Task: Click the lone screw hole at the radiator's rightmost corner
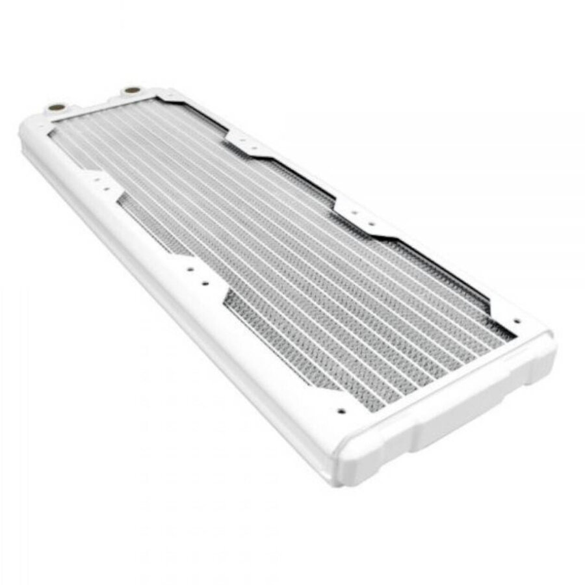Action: pos(517,321)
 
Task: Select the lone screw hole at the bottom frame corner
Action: pos(339,411)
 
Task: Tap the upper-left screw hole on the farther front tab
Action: pos(190,268)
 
